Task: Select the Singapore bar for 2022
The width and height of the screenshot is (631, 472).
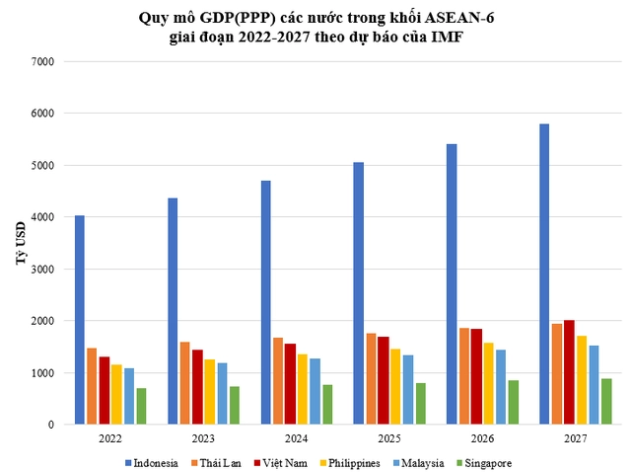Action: [x=141, y=407]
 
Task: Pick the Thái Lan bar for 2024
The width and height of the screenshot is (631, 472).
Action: [x=278, y=381]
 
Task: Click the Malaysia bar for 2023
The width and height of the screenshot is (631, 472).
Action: [x=222, y=394]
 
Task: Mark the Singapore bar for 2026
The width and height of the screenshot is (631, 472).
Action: [x=514, y=403]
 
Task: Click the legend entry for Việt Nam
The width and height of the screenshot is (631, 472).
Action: [x=287, y=462]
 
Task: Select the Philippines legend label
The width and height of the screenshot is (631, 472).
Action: [x=352, y=462]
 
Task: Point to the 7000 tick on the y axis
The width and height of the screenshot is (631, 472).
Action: [x=43, y=61]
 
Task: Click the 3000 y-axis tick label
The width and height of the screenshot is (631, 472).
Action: [x=43, y=269]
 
